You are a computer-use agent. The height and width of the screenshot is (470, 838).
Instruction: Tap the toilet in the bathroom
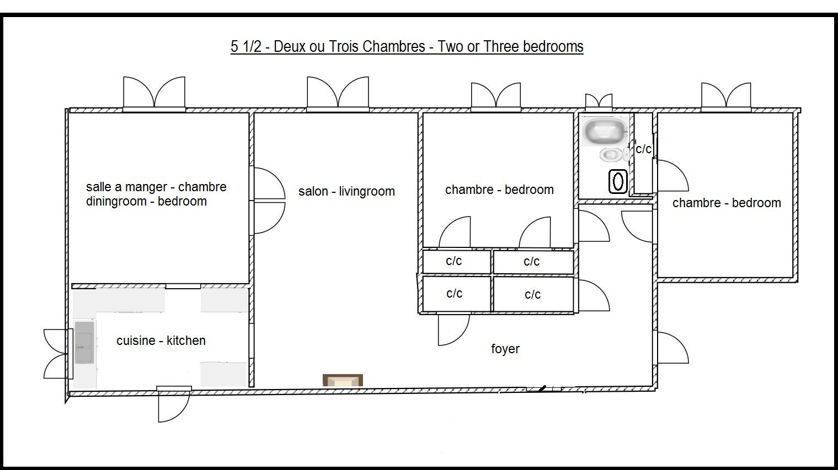613,154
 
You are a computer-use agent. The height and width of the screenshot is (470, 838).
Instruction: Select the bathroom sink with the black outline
618,182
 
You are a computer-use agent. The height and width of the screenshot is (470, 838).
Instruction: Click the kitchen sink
84,342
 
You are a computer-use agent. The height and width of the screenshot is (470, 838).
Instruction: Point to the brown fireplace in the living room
343,380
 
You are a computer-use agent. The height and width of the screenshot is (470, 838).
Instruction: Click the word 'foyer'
505,349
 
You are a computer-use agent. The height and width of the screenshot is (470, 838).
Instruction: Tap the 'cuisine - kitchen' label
161,341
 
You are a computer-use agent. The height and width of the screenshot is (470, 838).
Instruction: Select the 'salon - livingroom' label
346,191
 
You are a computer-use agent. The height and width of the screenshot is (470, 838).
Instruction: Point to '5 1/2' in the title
246,46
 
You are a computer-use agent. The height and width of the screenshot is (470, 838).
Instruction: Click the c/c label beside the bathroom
643,149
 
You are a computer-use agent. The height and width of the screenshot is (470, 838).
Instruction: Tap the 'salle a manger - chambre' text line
156,186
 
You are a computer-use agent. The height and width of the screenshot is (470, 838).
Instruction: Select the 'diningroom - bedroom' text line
146,201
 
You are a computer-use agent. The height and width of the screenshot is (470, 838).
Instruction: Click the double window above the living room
338,94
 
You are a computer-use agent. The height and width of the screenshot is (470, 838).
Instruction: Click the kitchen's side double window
58,353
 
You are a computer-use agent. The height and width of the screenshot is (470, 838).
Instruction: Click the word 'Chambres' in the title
394,46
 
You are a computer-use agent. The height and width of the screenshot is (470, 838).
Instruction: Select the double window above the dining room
154,94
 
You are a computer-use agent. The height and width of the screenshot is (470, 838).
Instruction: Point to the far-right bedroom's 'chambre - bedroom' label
727,203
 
